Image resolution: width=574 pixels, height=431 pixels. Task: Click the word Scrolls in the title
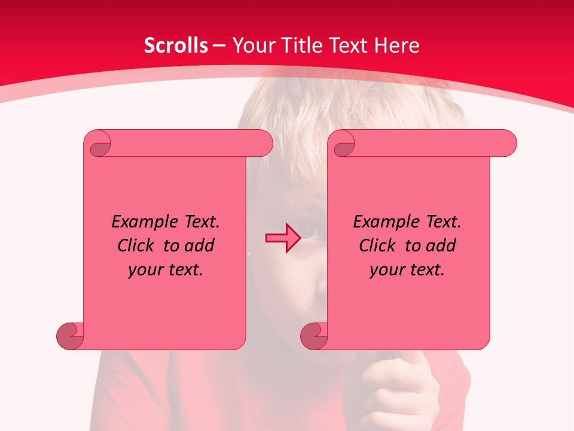pos(176,45)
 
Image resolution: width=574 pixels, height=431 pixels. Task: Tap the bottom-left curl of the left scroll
pos(71,335)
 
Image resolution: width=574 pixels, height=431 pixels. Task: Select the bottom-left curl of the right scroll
pos(315,335)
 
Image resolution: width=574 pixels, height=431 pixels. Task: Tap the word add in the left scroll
pos(199,245)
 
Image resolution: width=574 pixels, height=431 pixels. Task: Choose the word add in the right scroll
pos(441,245)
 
